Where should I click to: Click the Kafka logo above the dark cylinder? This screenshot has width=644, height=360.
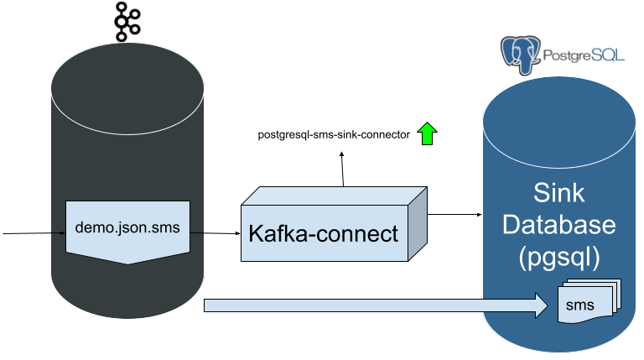[127, 22]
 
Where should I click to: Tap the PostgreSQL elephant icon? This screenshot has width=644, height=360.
[521, 55]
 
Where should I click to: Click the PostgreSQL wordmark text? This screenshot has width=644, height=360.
[584, 55]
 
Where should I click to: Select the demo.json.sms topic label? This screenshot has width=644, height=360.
[127, 227]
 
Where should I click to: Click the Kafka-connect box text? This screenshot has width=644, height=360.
[323, 233]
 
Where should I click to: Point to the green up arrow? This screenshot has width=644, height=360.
[427, 133]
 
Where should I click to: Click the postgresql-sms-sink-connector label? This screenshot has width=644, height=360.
[334, 135]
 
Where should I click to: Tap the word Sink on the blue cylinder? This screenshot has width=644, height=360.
[558, 192]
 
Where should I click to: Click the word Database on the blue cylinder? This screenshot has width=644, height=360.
[559, 225]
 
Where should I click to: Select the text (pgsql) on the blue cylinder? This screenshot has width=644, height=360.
[559, 258]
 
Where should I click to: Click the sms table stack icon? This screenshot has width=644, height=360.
[589, 300]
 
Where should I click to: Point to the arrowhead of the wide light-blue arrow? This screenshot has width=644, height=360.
[541, 305]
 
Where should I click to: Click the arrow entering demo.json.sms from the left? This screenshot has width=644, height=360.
[34, 233]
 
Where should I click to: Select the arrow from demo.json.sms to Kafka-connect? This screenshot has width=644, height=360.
[216, 233]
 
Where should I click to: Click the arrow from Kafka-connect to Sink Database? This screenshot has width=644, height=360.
[454, 215]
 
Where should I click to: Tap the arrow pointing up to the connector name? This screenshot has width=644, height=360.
[342, 169]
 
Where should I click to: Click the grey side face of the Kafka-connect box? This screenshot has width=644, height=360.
[418, 224]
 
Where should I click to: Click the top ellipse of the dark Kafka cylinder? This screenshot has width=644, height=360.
[127, 88]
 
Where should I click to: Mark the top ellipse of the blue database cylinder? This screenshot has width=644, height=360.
[559, 122]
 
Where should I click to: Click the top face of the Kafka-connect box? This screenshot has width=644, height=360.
[334, 196]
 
